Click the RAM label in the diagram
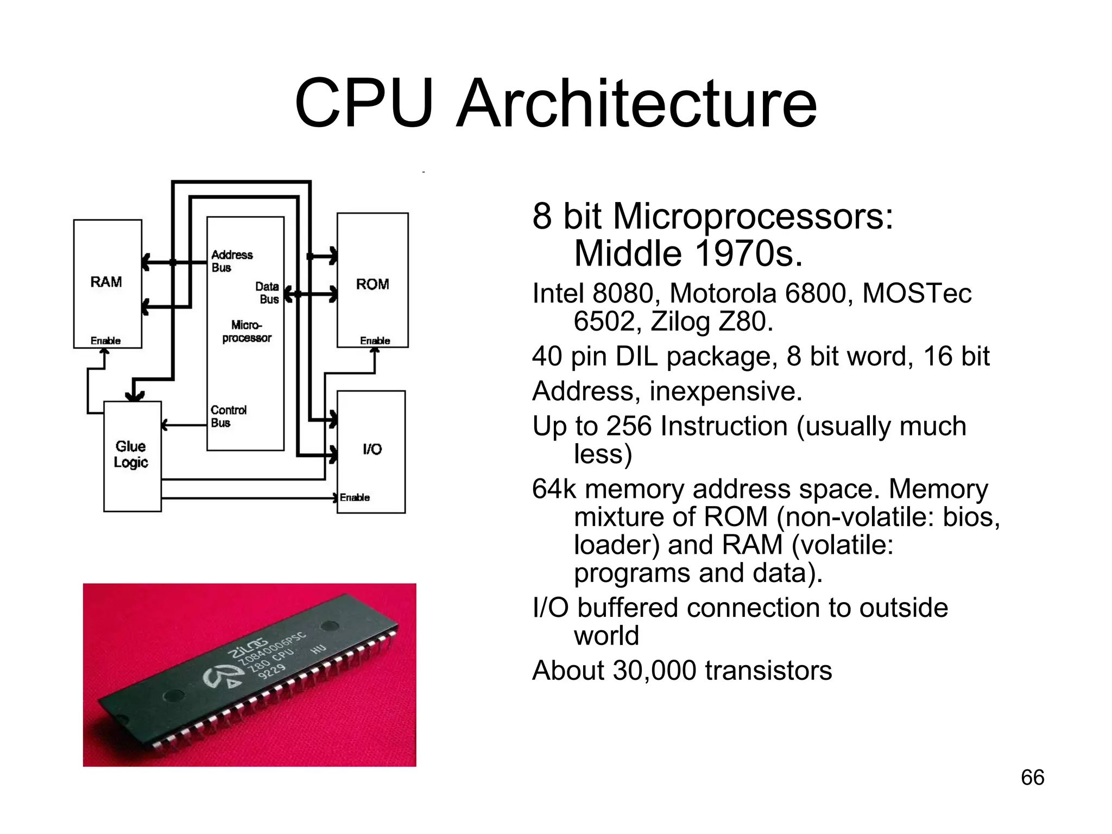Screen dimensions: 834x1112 tap(106, 282)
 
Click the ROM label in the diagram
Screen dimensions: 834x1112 tap(372, 284)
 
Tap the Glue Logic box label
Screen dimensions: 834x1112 tap(131, 454)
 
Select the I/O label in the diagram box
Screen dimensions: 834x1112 tap(372, 449)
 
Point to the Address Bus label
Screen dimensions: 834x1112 tap(232, 261)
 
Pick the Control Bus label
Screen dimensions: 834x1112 tap(228, 416)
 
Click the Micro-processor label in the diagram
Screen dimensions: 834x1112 tap(247, 331)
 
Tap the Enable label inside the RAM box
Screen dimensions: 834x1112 tap(105, 341)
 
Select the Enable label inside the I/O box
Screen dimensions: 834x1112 tap(355, 497)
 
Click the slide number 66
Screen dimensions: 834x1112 tap(1032, 778)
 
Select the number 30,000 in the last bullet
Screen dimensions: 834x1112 tap(654, 671)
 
